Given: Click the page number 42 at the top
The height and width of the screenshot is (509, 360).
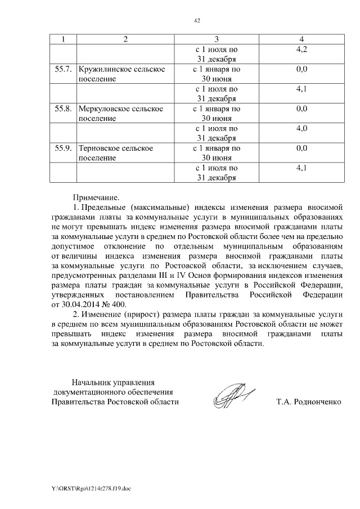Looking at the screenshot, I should tap(197, 21).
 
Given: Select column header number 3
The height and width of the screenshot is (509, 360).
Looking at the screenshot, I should tap(217, 39).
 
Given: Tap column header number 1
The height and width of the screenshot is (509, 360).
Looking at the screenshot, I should tap(63, 39).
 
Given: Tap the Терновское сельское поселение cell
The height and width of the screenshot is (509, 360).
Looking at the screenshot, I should tap(116, 154).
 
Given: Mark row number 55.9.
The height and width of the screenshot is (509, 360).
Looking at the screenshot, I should tap(62, 148).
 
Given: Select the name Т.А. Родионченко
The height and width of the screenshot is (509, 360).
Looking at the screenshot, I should tap(309, 402).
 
